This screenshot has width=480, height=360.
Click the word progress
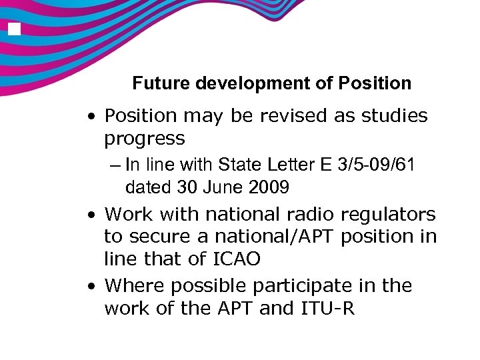144,139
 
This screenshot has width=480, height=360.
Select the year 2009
270,187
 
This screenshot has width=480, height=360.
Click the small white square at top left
14,29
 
